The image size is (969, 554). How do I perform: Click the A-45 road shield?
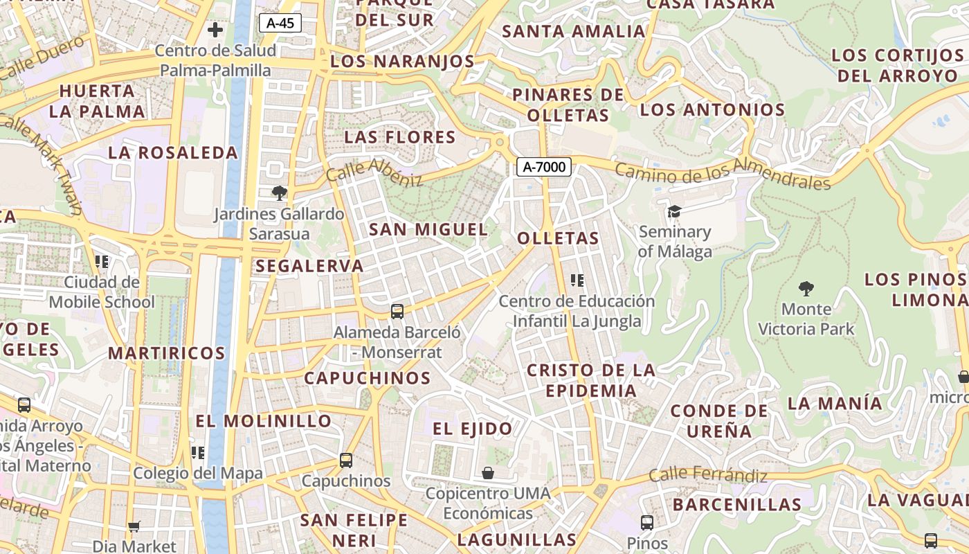[280, 23]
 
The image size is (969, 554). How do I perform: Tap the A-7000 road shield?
[543, 166]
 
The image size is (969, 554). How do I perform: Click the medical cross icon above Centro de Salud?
[215, 30]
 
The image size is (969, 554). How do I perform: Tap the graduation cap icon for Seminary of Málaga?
[674, 211]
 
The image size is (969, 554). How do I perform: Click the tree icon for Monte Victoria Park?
[806, 288]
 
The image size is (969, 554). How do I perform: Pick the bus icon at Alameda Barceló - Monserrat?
[397, 312]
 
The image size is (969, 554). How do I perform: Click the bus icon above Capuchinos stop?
[346, 460]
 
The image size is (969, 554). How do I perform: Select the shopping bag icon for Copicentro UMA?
[488, 473]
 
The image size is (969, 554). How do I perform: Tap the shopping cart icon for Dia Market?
[134, 527]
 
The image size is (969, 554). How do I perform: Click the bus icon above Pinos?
[647, 523]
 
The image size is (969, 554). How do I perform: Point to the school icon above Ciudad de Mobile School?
[102, 262]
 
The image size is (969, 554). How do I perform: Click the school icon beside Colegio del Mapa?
[198, 453]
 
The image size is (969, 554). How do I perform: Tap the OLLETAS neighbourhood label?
[558, 239]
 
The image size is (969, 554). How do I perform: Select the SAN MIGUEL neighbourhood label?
[428, 229]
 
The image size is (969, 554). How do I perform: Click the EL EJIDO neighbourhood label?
[473, 429]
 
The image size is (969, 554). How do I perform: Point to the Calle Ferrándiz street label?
[708, 475]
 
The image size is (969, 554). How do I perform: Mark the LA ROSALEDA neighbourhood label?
[173, 153]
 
